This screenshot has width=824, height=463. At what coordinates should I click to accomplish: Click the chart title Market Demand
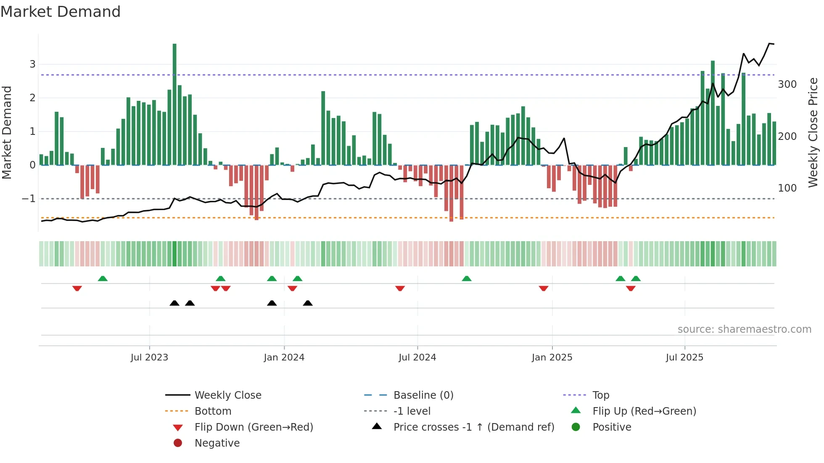pos(61,12)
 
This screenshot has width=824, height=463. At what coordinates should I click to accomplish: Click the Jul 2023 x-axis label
pos(149,358)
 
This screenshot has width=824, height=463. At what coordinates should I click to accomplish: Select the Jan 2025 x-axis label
pos(552,358)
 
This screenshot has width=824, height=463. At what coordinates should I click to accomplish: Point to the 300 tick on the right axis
pos(787,84)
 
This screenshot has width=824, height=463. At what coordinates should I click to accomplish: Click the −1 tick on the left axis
pos(29,199)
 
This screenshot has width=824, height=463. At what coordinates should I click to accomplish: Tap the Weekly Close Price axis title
pos(813,132)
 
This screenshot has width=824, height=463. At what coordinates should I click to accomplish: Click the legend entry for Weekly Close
pos(227,395)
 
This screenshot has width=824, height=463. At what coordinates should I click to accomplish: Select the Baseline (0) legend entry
pos(423,395)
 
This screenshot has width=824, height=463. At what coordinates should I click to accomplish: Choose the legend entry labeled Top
pos(600,395)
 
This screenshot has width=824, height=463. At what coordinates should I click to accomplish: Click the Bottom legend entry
pos(213,411)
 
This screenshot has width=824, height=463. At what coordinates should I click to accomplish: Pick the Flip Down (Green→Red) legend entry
pos(254,427)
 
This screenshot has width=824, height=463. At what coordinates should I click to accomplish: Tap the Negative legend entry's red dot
pos(178,443)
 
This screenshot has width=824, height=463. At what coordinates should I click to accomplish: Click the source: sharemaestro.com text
pos(744,329)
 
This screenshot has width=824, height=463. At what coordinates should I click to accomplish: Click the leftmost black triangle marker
pos(174,303)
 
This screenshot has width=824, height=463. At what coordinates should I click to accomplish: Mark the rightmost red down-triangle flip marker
pos(630,288)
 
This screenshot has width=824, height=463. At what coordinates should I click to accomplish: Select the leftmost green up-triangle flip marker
pos(103,279)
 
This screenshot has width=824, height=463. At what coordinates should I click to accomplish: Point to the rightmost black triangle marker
pos(308,303)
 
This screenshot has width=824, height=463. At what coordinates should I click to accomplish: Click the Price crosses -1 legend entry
pos(473,427)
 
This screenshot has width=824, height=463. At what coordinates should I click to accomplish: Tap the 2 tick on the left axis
pos(32,98)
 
